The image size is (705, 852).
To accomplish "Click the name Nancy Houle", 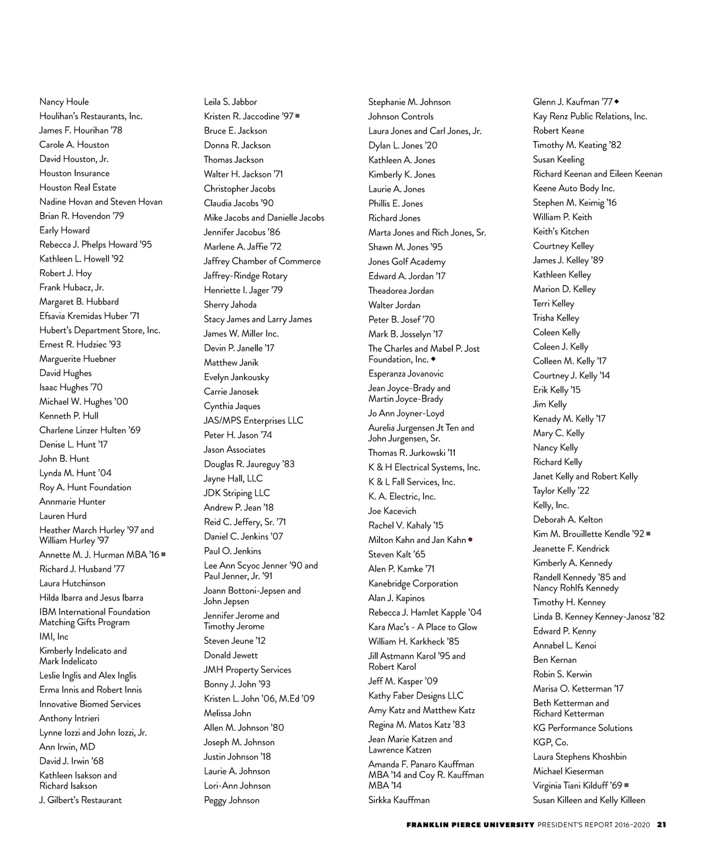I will [64, 102].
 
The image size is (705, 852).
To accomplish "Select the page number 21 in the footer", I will [662, 824].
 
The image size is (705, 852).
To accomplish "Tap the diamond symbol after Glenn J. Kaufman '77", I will [617, 102].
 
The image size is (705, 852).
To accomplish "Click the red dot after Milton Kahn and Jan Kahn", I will [471, 539].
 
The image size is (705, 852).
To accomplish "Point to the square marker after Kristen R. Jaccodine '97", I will [298, 116].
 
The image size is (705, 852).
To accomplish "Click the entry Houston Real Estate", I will [78, 187].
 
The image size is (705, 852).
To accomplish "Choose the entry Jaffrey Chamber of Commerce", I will [262, 261].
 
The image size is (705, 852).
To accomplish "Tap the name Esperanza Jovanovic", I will [406, 374].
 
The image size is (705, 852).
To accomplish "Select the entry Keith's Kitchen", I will [560, 232].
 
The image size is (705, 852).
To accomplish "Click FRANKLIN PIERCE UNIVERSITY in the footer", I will [470, 824].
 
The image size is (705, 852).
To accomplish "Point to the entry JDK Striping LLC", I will [237, 493].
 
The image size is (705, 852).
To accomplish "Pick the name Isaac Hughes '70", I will [70, 387].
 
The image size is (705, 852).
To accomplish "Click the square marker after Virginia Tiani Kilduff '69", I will [627, 785].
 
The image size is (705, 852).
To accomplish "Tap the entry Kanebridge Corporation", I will [413, 583].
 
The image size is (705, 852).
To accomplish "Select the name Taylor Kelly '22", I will [561, 491].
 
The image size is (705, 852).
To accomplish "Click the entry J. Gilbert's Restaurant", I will [80, 800].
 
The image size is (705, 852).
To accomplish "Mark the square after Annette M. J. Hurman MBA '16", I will [163, 554].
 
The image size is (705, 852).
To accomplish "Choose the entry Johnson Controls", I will [401, 116].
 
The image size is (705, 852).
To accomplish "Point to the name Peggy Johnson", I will [231, 800].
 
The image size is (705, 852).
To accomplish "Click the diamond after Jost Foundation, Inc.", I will [434, 358].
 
